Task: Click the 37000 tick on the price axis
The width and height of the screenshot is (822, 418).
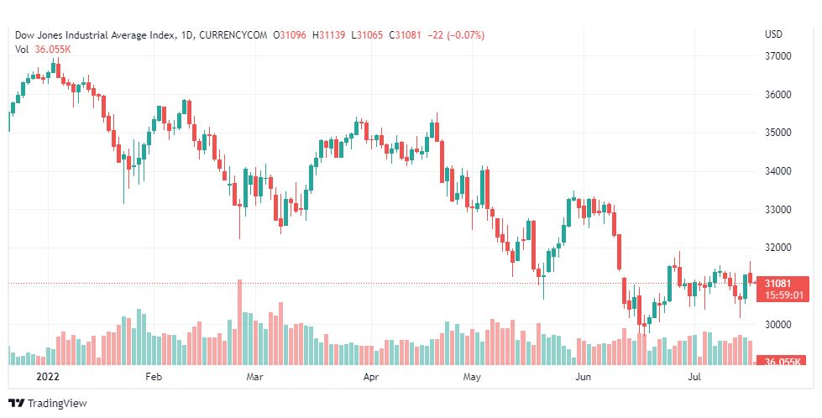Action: pyautogui.click(x=779, y=56)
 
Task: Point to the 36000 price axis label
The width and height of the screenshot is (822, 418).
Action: pyautogui.click(x=779, y=95)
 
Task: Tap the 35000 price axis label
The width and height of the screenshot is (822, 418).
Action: pyautogui.click(x=779, y=133)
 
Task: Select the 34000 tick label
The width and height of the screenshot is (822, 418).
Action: pyautogui.click(x=779, y=171)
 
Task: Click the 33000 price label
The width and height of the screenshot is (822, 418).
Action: pyautogui.click(x=779, y=210)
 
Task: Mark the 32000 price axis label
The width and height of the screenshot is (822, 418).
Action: pyautogui.click(x=779, y=248)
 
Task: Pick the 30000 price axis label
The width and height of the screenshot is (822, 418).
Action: pyautogui.click(x=779, y=325)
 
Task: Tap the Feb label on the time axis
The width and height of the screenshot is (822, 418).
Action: pyautogui.click(x=153, y=378)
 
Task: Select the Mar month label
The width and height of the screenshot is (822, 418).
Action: pyautogui.click(x=255, y=378)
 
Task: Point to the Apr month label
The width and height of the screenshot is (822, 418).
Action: pyautogui.click(x=372, y=378)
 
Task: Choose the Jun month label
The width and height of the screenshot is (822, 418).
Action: pyautogui.click(x=583, y=378)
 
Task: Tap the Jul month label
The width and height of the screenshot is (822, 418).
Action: pyautogui.click(x=694, y=378)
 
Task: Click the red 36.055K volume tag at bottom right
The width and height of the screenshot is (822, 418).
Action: pyautogui.click(x=782, y=362)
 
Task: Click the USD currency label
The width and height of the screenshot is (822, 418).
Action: pyautogui.click(x=774, y=34)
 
